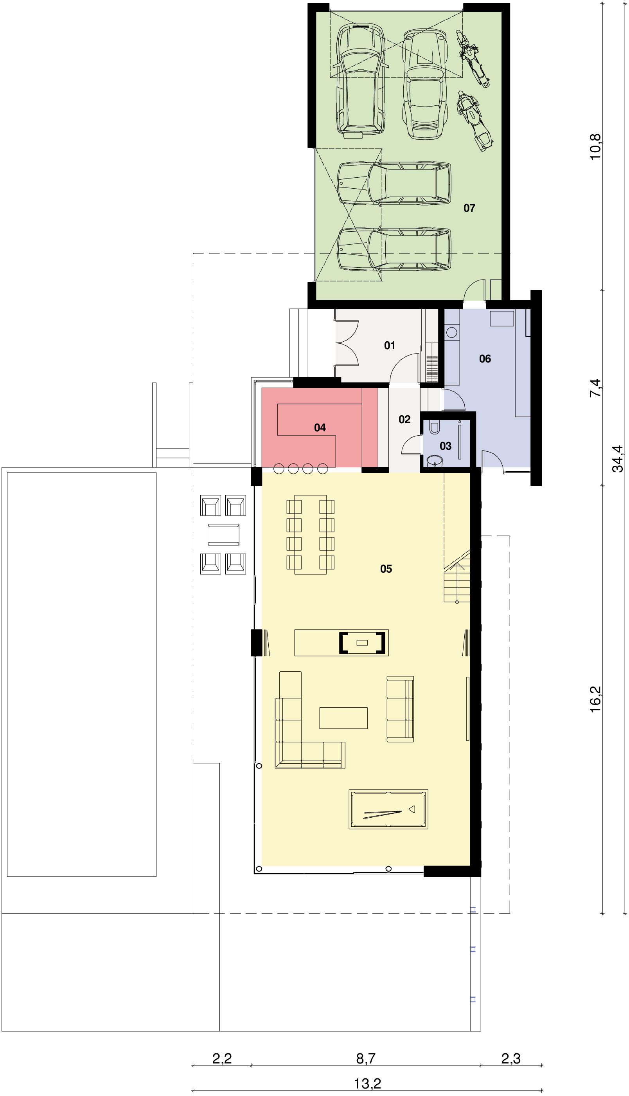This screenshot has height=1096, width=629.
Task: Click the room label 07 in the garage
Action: coord(469,208)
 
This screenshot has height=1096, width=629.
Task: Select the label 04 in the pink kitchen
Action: coord(320,427)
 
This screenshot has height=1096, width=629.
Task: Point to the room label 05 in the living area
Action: coord(386,569)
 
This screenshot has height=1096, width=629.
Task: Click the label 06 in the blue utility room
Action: coord(485,358)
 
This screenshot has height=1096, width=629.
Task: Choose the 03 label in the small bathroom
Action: coord(446,445)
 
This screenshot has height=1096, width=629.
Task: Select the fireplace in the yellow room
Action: coord(362,642)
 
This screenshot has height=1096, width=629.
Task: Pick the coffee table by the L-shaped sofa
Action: coord(343,718)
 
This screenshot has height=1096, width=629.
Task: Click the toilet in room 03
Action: coord(434,427)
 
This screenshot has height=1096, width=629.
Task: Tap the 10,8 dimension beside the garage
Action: coord(595,146)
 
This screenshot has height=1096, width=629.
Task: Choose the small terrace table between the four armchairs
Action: coord(223,535)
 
